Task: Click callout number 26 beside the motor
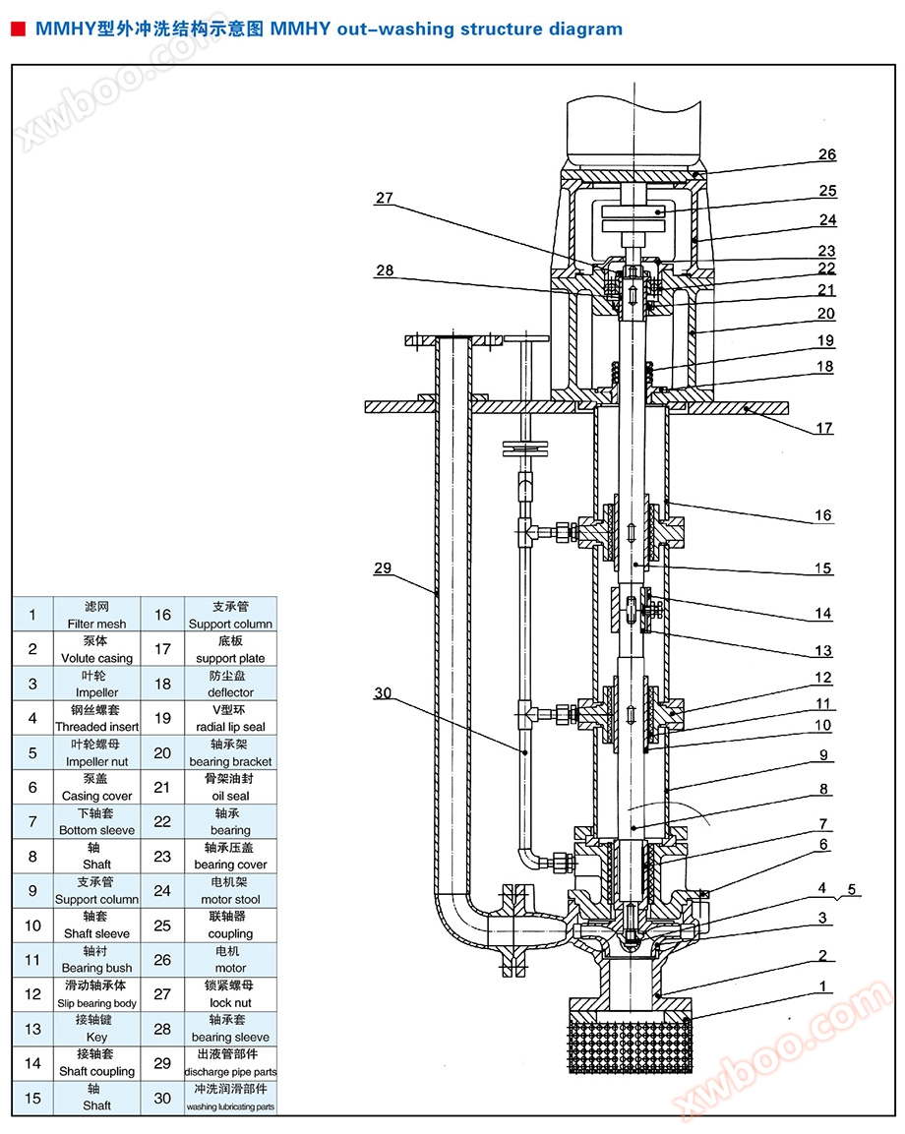[826, 154]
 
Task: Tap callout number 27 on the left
[384, 198]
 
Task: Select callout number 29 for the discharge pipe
[383, 567]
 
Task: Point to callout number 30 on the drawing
[383, 692]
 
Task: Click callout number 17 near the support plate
[824, 428]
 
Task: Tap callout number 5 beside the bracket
[852, 890]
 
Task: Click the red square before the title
[17, 30]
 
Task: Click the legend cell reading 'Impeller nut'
[96, 753]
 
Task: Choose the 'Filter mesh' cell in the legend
[96, 616]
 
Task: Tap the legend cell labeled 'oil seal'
[230, 788]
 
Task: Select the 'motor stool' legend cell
[230, 891]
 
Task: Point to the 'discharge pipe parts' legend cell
[230, 1063]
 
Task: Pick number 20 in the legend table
[162, 753]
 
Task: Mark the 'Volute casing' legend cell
[96, 650]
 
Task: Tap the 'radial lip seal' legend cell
[230, 719]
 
